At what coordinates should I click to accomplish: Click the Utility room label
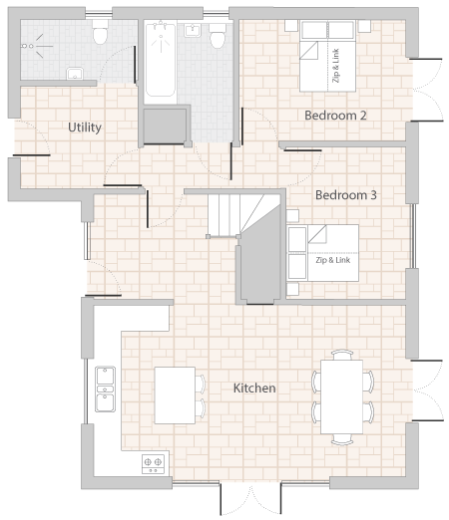coord(85,128)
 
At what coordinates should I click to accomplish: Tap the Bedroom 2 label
coord(335,116)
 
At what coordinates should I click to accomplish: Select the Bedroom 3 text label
coord(346,195)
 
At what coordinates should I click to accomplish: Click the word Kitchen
coord(254,388)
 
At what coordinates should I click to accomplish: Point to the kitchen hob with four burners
coord(153,464)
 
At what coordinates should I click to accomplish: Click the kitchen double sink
coord(105,389)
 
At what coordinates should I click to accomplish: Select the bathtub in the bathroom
coord(160,60)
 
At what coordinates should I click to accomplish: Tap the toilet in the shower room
coord(100,32)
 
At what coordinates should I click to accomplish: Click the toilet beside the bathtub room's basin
coord(218,36)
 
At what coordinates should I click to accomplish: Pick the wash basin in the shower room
coord(75,74)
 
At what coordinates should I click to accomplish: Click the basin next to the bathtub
coord(193,31)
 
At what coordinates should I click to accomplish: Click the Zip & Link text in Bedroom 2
coord(336,66)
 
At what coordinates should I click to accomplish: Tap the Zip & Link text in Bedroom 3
coord(333,260)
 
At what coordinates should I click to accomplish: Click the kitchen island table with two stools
coord(175,395)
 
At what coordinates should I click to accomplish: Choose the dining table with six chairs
coord(341,396)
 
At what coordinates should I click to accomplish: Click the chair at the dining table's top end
coord(342,355)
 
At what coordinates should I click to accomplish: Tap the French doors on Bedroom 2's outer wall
coord(427,90)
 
